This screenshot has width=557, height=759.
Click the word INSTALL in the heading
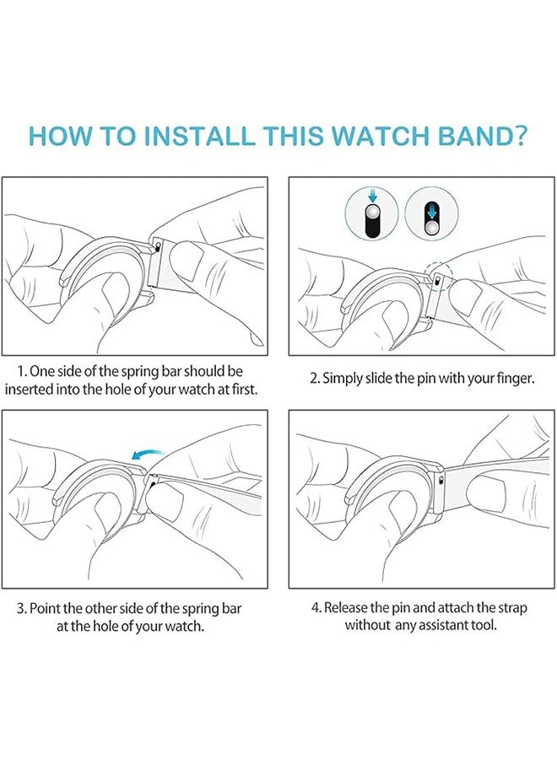point(199,136)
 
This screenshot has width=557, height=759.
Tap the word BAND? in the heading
point(483,136)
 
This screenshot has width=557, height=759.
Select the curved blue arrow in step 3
point(149,454)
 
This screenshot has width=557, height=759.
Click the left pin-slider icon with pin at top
point(372,213)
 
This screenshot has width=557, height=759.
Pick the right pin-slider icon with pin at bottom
point(431,213)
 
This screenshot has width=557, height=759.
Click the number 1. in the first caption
point(22,372)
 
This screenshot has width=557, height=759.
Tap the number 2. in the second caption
point(315,378)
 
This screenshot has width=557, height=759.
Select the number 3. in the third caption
point(22,608)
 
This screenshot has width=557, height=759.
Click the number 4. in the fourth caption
point(316,607)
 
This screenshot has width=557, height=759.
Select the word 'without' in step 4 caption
point(367,625)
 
